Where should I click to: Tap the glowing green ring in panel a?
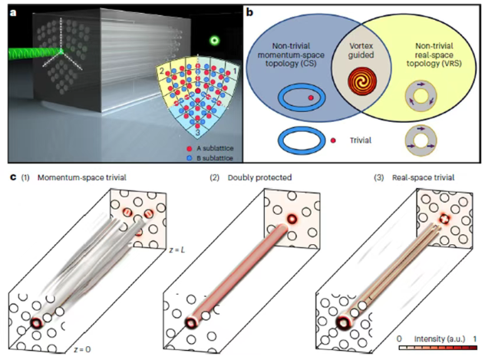coord(216,41)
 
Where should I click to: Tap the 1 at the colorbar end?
coord(474,339)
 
